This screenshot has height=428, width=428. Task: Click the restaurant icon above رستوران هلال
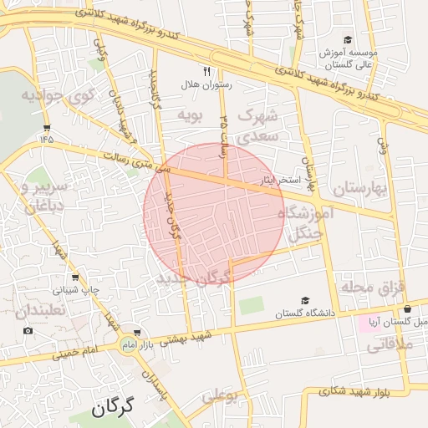(x=207, y=71)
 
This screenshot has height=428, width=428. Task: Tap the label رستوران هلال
(x=206, y=84)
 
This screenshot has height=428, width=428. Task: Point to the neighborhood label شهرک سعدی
(x=256, y=124)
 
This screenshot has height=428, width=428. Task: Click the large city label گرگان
(x=114, y=409)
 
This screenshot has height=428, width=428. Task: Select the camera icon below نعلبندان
(x=29, y=330)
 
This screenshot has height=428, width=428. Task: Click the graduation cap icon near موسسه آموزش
(x=348, y=39)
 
